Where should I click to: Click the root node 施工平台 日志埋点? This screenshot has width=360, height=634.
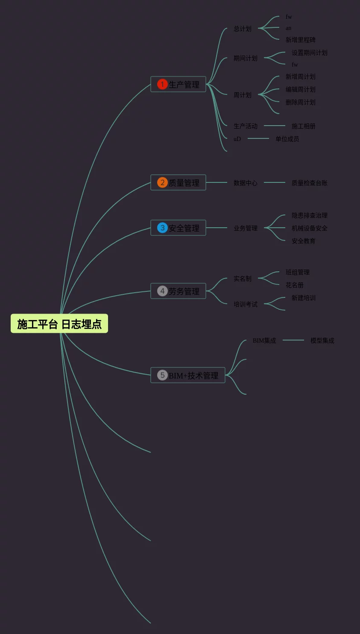[x=59, y=324]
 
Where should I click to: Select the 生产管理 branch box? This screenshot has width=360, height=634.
[x=179, y=84]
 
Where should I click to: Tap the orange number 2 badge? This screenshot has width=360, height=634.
[x=162, y=182]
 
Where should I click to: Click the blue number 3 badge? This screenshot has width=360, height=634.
[x=162, y=228]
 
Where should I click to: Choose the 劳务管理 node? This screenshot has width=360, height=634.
[x=179, y=291]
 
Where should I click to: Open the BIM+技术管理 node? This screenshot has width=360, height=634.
[x=188, y=375]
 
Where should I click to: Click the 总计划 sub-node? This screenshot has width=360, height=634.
[x=243, y=29]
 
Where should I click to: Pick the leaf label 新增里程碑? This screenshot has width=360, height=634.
[x=301, y=40]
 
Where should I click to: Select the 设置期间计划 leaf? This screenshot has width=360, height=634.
[x=310, y=53]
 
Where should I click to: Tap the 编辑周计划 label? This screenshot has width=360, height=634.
[x=301, y=89]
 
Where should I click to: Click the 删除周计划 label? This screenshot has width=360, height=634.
[x=301, y=102]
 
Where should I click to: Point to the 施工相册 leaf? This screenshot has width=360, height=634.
[x=304, y=126]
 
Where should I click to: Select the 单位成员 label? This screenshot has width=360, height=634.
[x=287, y=139]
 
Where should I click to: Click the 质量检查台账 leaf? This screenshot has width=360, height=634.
[x=310, y=183]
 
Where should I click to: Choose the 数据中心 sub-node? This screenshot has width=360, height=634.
[x=246, y=183]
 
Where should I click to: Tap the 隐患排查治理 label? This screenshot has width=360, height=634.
[x=310, y=215]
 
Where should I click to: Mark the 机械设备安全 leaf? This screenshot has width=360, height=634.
[x=310, y=228]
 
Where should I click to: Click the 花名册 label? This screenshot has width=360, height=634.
[x=295, y=285]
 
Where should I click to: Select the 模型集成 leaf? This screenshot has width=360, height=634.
[x=322, y=340]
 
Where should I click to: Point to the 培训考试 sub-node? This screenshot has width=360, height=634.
[x=246, y=304]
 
